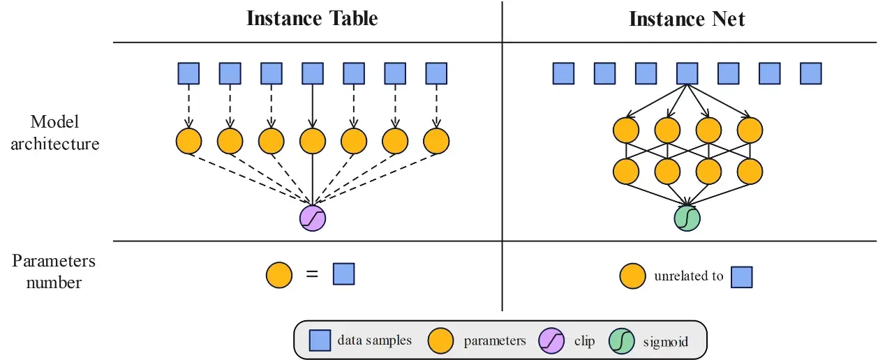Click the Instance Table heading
(312, 18)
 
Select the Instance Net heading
(687, 19)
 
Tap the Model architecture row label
(55, 133)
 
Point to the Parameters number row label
(54, 271)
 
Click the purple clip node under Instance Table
(313, 218)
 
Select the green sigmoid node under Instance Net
(687, 218)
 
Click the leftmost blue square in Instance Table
(188, 73)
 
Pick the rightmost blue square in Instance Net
(811, 73)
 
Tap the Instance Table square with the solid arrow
(313, 73)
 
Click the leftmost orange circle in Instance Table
(188, 141)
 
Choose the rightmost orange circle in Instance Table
(437, 141)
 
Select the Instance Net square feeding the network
(687, 73)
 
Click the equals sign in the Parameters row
(312, 275)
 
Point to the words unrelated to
(688, 276)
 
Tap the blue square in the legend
(320, 340)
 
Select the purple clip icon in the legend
(551, 340)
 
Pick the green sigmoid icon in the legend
(623, 340)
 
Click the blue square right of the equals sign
(343, 274)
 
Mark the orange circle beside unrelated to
(632, 276)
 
